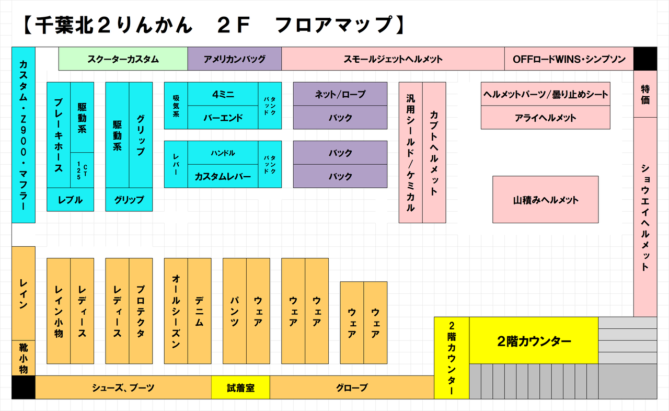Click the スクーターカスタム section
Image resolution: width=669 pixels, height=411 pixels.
click(x=123, y=59)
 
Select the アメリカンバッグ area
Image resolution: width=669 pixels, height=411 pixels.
click(x=235, y=59)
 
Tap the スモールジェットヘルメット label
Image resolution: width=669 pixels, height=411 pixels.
click(x=393, y=59)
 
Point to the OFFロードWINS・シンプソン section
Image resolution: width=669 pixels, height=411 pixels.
click(x=569, y=59)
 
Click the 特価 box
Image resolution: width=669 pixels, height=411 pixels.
click(x=645, y=94)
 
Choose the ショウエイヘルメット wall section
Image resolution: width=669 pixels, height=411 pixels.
click(x=645, y=217)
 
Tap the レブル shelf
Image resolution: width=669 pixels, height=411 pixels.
click(x=71, y=200)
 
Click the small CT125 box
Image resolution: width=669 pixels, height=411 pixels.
click(x=82, y=170)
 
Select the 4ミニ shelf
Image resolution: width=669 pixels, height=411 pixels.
click(x=223, y=94)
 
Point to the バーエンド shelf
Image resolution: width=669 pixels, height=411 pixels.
click(x=223, y=118)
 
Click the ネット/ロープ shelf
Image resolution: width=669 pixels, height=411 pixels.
click(x=340, y=94)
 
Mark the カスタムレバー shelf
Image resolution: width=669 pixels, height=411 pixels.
click(x=223, y=176)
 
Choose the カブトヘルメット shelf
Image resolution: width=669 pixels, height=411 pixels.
click(x=434, y=152)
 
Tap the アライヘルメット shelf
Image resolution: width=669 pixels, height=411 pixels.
click(x=545, y=118)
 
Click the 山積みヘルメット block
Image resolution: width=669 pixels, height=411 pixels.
click(x=545, y=200)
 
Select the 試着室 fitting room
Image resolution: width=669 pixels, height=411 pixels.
click(x=240, y=387)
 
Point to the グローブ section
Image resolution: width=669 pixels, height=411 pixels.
click(x=352, y=387)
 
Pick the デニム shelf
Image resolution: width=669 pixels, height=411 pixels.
click(x=200, y=311)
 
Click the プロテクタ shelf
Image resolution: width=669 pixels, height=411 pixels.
click(x=141, y=311)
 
